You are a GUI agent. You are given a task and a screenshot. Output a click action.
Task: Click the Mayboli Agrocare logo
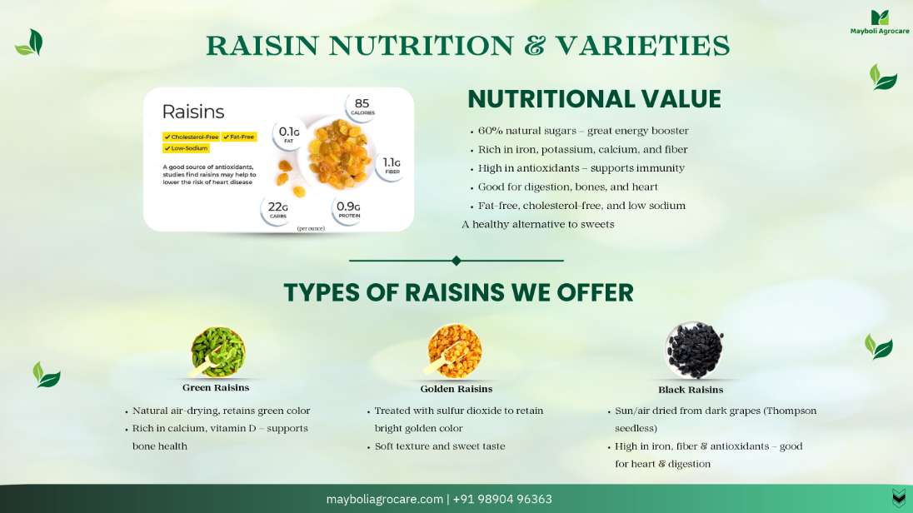pyautogui.click(x=879, y=22)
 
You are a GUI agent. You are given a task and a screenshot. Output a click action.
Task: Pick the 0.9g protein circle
pyautogui.click(x=348, y=209)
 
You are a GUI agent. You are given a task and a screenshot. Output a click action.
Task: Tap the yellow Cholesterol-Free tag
pyautogui.click(x=191, y=137)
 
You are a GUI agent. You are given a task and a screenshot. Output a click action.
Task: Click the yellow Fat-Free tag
pyautogui.click(x=239, y=137)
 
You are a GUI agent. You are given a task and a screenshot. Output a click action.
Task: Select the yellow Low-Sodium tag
pyautogui.click(x=186, y=148)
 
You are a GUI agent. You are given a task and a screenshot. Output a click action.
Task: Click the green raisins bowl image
pyautogui.click(x=217, y=351)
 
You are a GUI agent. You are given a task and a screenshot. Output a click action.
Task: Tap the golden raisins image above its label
pyautogui.click(x=454, y=351)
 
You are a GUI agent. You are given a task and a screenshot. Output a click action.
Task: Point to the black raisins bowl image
pyautogui.click(x=694, y=350)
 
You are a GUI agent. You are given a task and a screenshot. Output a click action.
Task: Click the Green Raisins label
pyautogui.click(x=216, y=388)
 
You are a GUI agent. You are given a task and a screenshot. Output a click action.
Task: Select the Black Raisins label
pyautogui.click(x=691, y=390)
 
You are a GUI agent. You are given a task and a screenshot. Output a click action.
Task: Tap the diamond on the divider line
pyautogui.click(x=456, y=261)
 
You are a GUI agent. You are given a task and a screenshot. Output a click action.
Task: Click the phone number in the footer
pyautogui.click(x=502, y=499)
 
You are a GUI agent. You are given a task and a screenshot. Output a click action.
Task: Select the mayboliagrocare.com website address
pyautogui.click(x=384, y=499)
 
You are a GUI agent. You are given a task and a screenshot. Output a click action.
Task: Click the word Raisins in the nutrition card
pyautogui.click(x=192, y=112)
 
